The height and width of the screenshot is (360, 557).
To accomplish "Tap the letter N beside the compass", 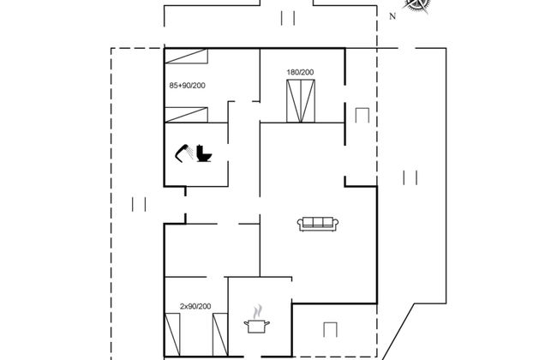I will [x=392, y=15].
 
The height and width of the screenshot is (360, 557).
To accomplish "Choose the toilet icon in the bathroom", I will [x=205, y=153].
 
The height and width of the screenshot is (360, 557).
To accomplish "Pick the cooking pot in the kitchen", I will [x=255, y=326].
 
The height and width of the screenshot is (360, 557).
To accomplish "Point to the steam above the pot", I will [x=255, y=311].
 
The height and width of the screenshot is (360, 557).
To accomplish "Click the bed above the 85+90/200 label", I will [x=188, y=57].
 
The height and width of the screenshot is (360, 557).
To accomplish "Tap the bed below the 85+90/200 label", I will [x=188, y=114].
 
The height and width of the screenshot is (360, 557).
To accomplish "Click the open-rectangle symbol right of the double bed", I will [x=360, y=117].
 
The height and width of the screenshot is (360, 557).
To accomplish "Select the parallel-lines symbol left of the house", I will [x=139, y=204].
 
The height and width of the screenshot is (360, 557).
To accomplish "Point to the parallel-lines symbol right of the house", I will [x=410, y=177].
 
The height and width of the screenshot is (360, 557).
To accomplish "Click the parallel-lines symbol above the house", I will [x=288, y=17].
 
